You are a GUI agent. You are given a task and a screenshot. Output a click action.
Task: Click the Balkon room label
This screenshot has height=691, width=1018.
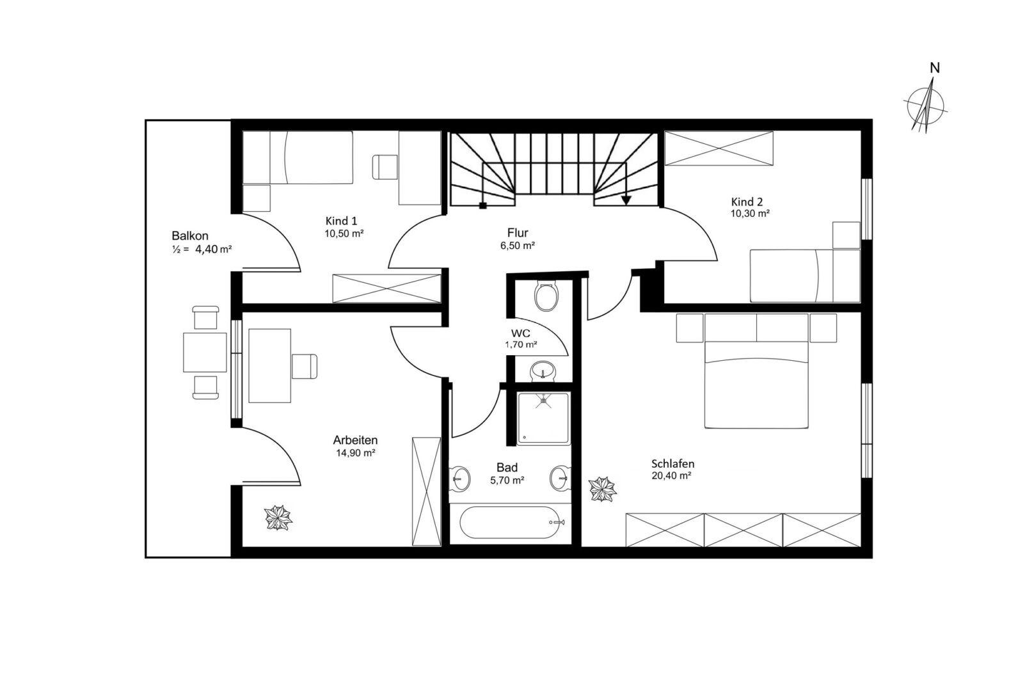(x=190, y=236)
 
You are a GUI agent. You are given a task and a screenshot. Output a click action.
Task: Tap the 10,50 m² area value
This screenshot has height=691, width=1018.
(x=344, y=234)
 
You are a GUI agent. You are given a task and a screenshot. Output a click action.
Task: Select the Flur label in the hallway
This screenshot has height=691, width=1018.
(x=518, y=233)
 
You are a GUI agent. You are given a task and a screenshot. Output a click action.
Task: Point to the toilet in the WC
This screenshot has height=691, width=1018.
(x=546, y=296)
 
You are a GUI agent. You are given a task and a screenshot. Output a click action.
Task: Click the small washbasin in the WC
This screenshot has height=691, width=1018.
(x=543, y=370)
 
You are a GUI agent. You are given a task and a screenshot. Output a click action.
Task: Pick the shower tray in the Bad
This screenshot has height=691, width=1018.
(x=543, y=418)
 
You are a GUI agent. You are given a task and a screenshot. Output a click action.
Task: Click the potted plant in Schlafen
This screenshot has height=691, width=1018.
(x=603, y=489)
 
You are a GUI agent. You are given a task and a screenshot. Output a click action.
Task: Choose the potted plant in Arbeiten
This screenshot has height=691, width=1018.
(x=278, y=518)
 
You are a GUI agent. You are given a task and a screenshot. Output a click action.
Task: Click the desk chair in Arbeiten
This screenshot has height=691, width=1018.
(x=305, y=366)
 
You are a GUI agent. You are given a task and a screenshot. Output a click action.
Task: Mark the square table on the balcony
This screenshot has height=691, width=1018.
(x=205, y=353)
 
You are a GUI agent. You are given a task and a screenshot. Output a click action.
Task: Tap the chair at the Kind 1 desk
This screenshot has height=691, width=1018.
(x=385, y=167)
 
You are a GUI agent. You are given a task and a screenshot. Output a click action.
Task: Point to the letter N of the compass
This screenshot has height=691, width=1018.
(x=935, y=68)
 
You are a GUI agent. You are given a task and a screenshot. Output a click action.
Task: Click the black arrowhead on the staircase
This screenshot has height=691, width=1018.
(x=626, y=200)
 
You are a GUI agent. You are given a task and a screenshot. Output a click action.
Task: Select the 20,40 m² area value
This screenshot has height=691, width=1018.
(x=671, y=475)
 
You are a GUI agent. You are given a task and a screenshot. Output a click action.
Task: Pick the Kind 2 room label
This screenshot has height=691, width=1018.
(x=747, y=202)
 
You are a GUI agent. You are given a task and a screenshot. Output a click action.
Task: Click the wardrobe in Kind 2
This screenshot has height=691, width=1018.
(x=719, y=148)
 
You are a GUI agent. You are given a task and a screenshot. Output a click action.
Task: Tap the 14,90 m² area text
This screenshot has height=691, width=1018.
(x=355, y=452)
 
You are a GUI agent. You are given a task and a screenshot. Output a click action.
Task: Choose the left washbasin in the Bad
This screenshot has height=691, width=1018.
(x=460, y=478)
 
